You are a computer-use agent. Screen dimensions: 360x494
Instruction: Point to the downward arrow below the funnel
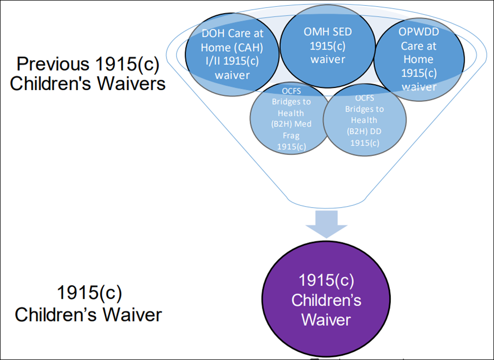[327, 221]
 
